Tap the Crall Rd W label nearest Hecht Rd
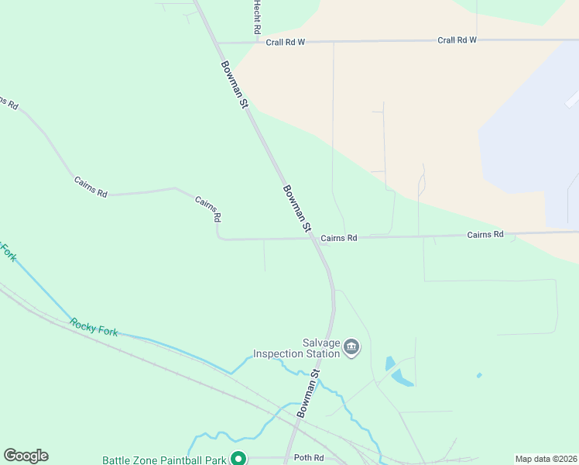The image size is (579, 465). coord(286,43)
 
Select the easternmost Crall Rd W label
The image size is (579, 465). coord(457,40)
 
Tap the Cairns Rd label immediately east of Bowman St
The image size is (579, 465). coord(338,238)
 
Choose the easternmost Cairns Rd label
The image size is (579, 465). coord(485,234)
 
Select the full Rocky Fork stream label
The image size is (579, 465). coord(94,327)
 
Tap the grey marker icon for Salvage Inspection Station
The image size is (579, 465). coord(351,347)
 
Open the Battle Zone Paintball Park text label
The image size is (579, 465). coord(164,460)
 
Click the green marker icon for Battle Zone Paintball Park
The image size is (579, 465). coord(240,459)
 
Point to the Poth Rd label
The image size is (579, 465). coord(308,458)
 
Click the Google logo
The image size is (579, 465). coord(26,456)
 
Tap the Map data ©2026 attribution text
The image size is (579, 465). coord(545,459)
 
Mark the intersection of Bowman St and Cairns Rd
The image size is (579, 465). coord(315,239)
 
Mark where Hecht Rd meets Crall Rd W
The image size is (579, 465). coord(256,43)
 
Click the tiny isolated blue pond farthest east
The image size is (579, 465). coord(479,376)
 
